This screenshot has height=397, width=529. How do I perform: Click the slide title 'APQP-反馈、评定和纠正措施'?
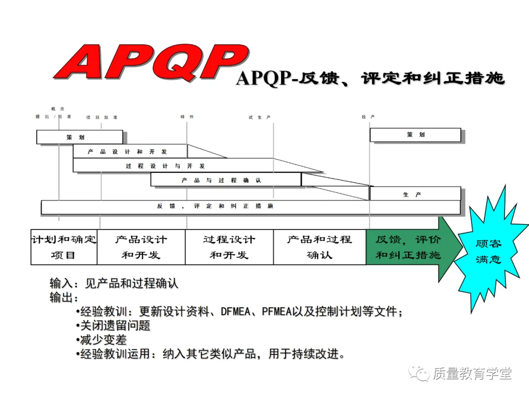click(x=370, y=78)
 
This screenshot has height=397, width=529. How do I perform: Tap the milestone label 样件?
click(x=187, y=117)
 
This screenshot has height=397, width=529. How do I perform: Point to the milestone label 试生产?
click(x=260, y=118)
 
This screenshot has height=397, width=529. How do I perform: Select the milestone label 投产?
click(x=368, y=117)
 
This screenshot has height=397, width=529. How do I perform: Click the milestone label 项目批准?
click(x=102, y=118)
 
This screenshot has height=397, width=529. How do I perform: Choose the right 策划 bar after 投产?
click(x=415, y=135)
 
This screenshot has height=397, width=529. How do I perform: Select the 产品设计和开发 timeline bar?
click(x=130, y=151)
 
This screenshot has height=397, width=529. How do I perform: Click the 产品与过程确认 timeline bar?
click(x=226, y=180)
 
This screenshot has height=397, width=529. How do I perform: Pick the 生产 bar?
click(x=415, y=194)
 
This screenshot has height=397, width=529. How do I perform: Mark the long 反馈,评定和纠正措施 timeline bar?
click(x=250, y=207)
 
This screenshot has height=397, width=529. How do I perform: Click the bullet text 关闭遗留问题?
click(x=115, y=325)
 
